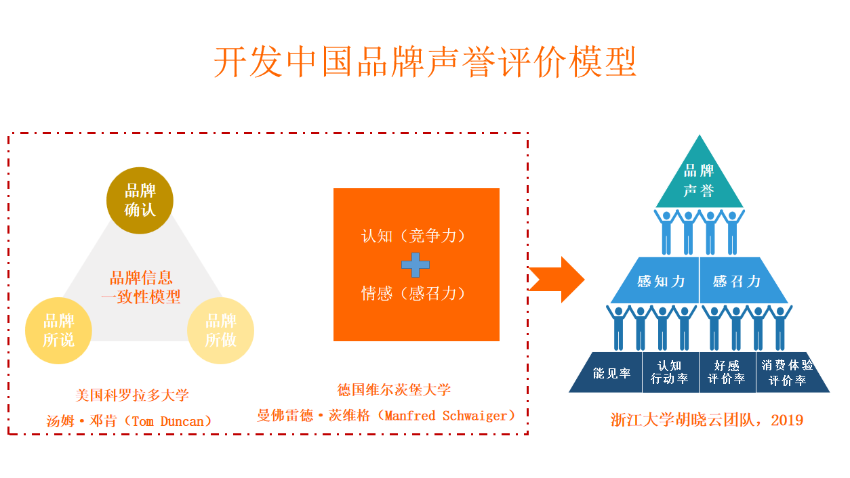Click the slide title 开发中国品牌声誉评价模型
[x=425, y=62]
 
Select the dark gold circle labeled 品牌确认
[x=140, y=200]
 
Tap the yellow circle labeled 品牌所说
[x=58, y=330]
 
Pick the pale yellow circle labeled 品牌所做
[x=220, y=330]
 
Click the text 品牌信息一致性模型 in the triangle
[x=141, y=287]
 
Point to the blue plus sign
[x=416, y=265]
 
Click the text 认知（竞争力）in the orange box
[x=413, y=236]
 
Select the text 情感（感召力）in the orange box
[x=413, y=293]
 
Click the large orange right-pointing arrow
[x=556, y=280]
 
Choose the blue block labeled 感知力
[x=655, y=280]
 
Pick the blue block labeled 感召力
[x=744, y=280]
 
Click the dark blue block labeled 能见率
[x=608, y=372]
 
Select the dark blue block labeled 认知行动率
[x=670, y=372]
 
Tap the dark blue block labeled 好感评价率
[x=727, y=372]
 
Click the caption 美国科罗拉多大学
[x=132, y=395]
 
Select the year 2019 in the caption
[x=787, y=420]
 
